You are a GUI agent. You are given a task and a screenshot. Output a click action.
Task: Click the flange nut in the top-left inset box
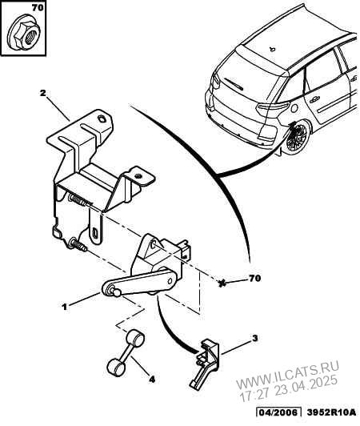pos(24,33)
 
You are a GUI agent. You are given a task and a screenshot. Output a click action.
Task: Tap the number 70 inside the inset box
pos(38,8)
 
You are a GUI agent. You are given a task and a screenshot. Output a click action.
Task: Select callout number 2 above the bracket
pos(42,93)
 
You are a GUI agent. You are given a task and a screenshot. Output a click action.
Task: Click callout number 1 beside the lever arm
pos(64,307)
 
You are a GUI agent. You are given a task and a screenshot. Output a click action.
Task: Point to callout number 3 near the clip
pos(254,339)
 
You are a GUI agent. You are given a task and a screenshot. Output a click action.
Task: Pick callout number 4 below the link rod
pos(152,380)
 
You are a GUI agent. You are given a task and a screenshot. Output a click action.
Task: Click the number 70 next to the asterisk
pos(254,278)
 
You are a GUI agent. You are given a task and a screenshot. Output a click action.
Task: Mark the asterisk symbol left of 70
pos(222,284)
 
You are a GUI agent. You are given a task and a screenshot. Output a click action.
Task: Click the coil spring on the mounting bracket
pos(78,200)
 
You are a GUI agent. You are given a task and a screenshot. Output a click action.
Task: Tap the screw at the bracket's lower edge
pos(78,244)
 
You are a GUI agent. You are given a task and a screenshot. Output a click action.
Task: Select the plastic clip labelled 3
pos(205,362)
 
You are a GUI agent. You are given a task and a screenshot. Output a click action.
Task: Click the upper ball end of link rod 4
pos(135,337)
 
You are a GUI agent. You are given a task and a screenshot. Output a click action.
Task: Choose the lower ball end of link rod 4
pos(115,367)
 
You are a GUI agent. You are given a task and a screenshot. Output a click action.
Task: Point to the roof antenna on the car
pos(272,49)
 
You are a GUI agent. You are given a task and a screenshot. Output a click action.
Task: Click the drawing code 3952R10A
pos(331,412)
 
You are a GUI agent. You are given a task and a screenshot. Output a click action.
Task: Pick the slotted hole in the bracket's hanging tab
pos(95,233)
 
